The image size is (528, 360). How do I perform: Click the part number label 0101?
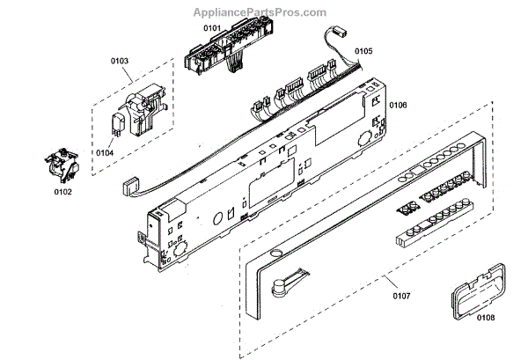point(212,28)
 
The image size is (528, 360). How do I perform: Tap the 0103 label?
point(120,61)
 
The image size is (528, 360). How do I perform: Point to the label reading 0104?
point(105,152)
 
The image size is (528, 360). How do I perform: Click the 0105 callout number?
point(363,52)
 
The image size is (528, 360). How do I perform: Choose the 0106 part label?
point(398,105)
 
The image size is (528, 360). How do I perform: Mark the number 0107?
point(400,296)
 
